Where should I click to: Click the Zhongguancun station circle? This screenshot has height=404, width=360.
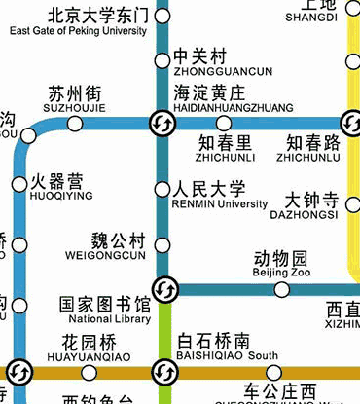[x=162, y=61]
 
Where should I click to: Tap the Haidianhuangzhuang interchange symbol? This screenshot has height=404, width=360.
[x=162, y=124]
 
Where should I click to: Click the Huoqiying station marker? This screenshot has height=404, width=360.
[x=19, y=185]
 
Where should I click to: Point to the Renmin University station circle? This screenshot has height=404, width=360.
[x=162, y=189]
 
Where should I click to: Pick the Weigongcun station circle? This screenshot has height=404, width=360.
[x=162, y=244]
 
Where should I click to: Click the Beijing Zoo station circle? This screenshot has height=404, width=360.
[x=281, y=289]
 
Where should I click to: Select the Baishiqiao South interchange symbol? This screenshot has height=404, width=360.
[x=162, y=372]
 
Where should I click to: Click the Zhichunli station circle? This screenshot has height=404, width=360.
[x=224, y=124]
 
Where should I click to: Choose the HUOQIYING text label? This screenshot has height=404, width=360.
[x=62, y=196]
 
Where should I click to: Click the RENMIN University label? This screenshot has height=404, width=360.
[x=219, y=204]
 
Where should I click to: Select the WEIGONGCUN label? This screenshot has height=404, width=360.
[x=105, y=256]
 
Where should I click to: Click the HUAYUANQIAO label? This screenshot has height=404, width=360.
[x=89, y=356]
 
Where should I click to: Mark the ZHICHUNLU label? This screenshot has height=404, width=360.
[x=308, y=156]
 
